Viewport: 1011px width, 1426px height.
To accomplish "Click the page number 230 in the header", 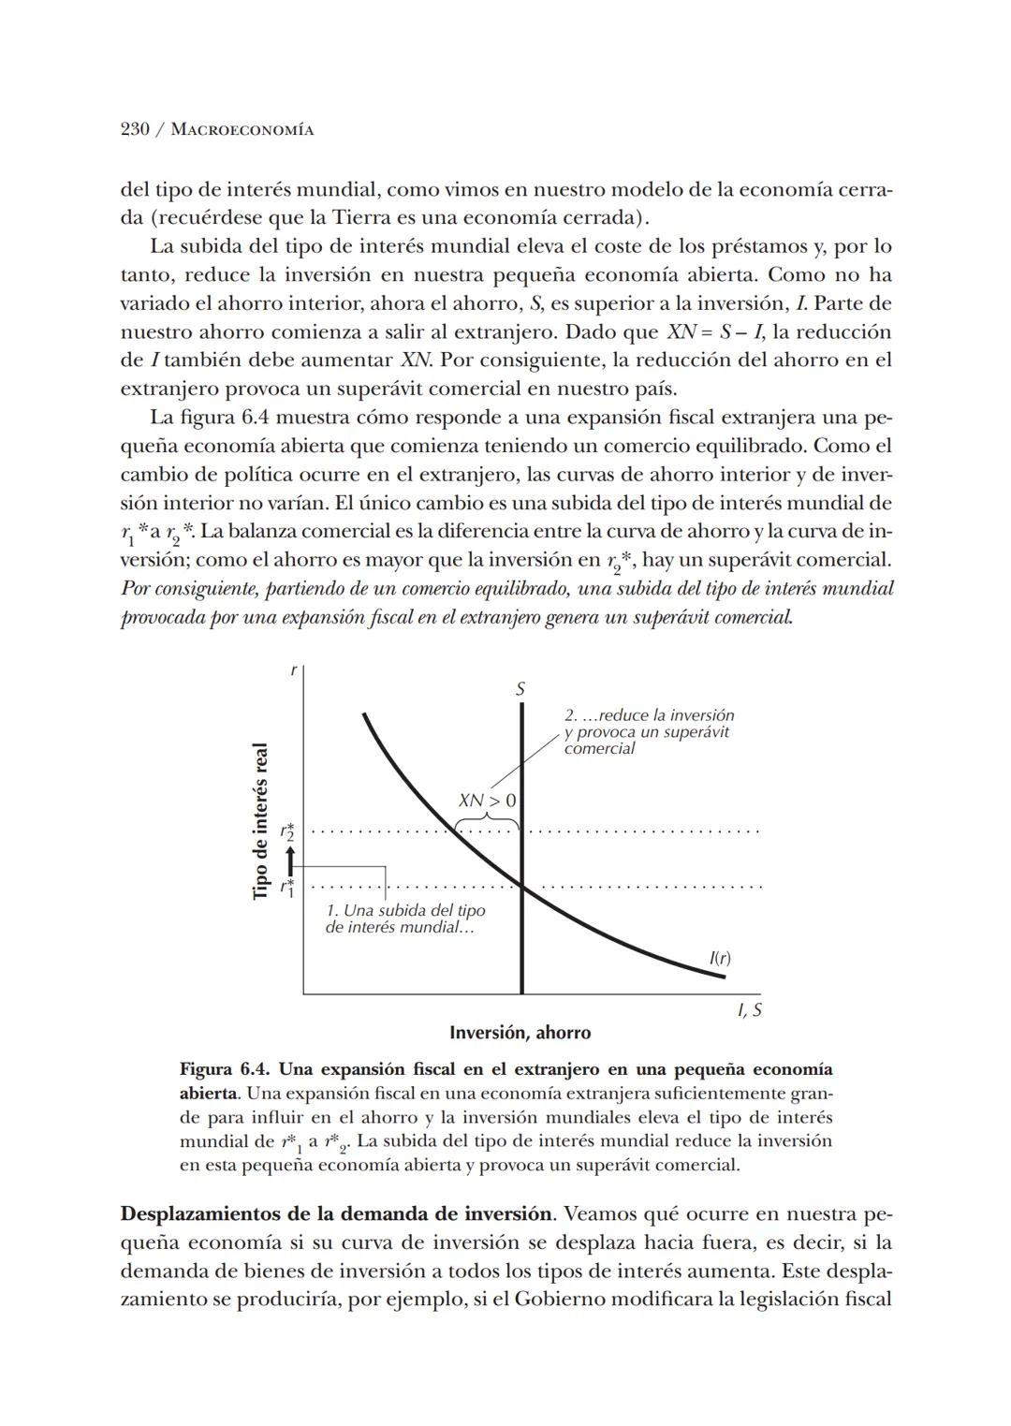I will click(x=137, y=129).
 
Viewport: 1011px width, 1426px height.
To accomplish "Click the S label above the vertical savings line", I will click(x=520, y=689).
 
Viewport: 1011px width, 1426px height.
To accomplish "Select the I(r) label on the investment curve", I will click(x=720, y=958).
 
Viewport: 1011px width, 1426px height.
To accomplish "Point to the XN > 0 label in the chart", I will click(x=487, y=801).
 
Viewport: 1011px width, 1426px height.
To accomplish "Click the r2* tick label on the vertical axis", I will click(x=288, y=831).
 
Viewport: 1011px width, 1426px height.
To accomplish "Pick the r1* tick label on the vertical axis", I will click(x=288, y=886).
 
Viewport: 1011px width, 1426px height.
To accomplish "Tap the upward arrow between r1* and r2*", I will click(x=290, y=859).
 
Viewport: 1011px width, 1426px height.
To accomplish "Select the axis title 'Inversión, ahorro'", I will click(x=520, y=1033).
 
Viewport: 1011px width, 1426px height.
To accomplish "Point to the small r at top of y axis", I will click(x=294, y=670).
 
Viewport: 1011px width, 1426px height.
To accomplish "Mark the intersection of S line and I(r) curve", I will click(x=521, y=886).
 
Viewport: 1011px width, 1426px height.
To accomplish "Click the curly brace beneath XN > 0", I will click(x=487, y=821).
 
